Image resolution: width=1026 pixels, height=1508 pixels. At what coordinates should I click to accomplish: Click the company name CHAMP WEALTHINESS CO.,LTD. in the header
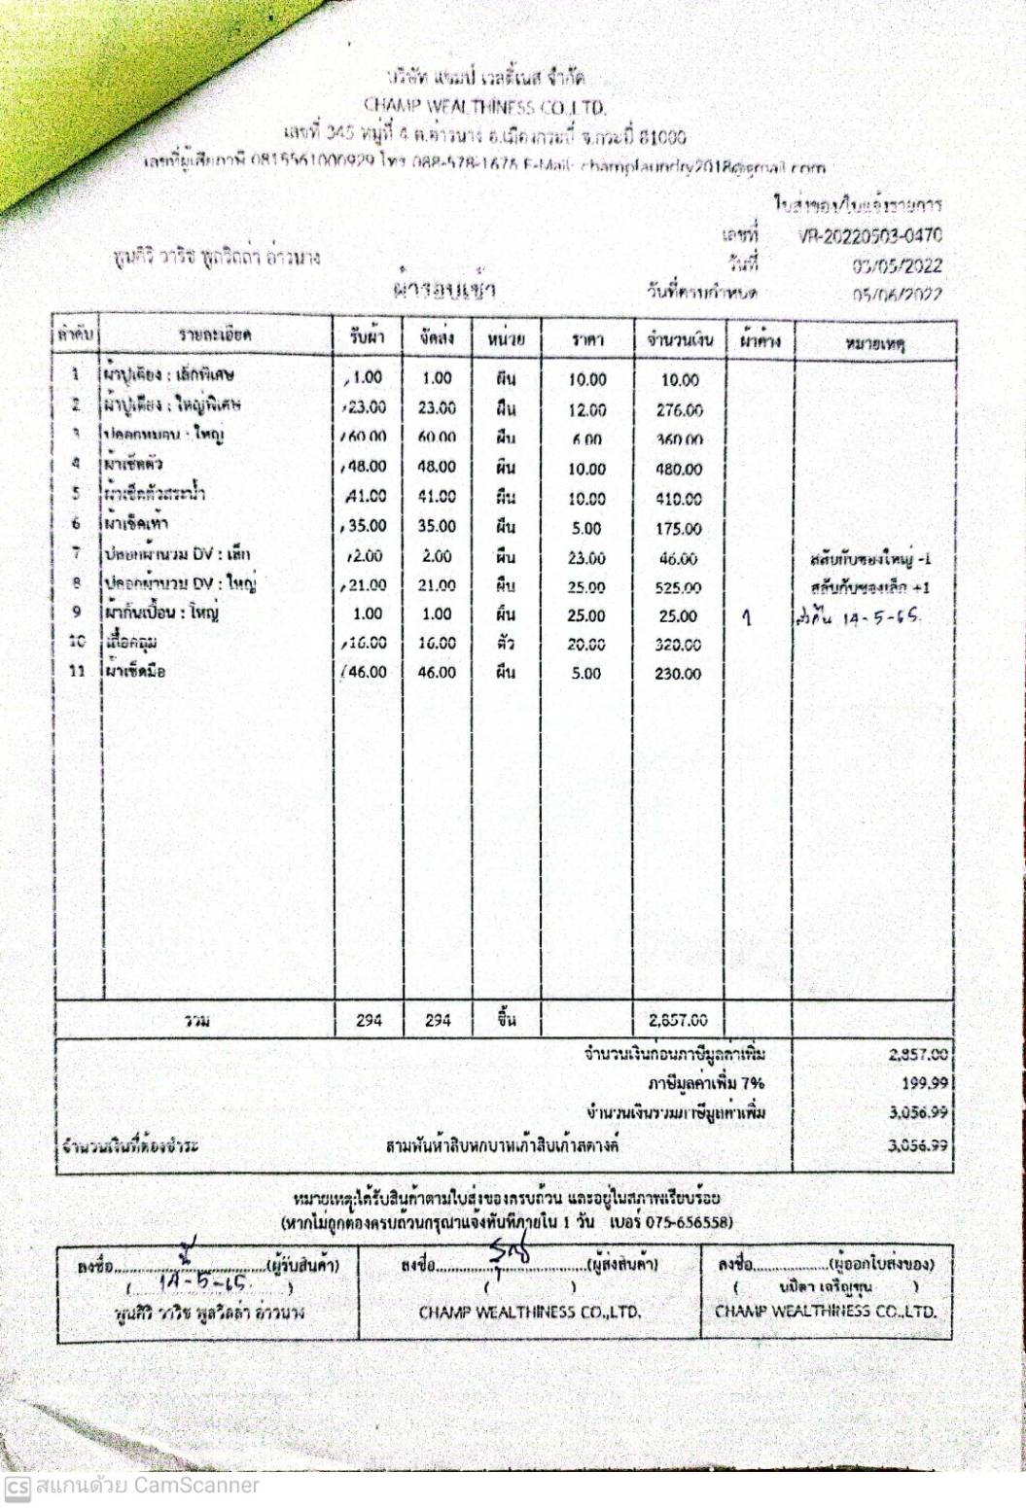tap(484, 106)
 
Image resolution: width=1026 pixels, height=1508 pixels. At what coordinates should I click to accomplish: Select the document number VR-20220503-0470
tap(869, 235)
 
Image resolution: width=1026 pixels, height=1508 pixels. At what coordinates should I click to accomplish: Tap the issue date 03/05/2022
tap(897, 265)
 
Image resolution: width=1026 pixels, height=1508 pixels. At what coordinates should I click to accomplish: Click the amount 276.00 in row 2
tap(679, 410)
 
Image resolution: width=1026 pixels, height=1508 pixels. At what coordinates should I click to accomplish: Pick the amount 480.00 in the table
tap(679, 469)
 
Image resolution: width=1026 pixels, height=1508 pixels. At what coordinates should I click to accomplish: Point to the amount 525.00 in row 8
tap(679, 587)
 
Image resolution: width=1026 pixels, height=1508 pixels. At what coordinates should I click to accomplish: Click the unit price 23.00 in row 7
tap(586, 558)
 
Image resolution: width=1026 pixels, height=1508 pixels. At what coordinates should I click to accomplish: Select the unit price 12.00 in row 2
tap(586, 410)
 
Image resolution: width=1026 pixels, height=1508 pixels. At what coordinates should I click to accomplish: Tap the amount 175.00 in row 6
tap(679, 529)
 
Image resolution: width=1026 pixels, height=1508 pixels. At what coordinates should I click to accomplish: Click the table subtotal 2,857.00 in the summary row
tap(679, 1020)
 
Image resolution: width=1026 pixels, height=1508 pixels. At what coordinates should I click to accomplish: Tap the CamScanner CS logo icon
tap(17, 1487)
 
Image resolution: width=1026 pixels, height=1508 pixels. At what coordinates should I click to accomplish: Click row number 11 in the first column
tap(77, 671)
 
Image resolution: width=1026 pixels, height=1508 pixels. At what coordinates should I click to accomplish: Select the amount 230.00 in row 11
tap(679, 673)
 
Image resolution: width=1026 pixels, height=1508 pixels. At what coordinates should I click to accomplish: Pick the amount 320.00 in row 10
tap(679, 644)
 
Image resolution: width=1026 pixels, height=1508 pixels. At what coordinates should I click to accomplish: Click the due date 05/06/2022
tap(897, 295)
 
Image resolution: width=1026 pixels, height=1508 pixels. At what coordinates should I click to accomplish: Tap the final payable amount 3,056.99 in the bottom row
tap(918, 1145)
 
